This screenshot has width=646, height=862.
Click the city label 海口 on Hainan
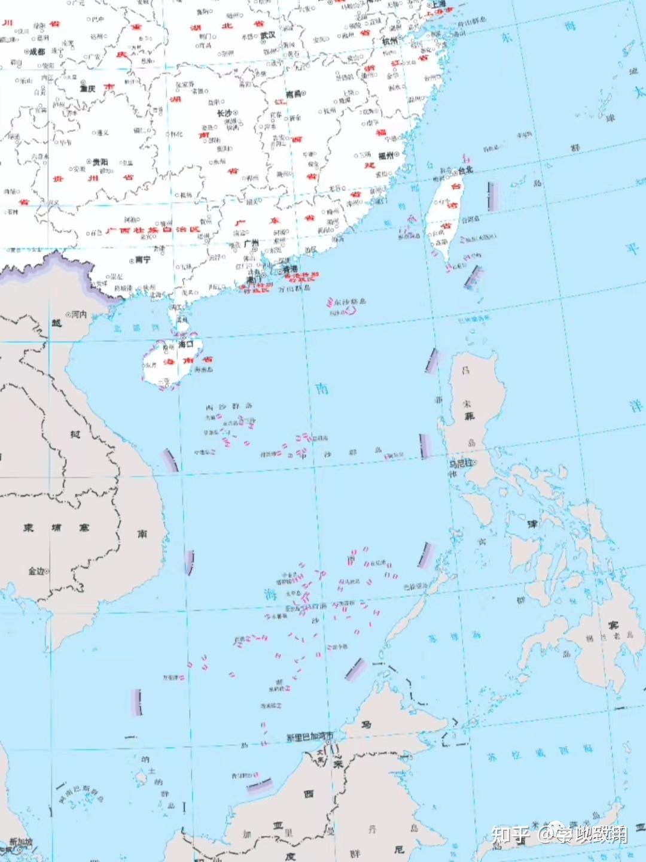point(186,345)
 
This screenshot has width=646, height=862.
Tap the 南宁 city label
point(142,260)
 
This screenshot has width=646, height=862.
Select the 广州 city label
point(252,244)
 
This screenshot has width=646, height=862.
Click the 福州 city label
point(386,156)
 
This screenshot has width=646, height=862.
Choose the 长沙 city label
point(224,113)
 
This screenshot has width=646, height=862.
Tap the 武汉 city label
point(268,35)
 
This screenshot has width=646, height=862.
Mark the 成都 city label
point(37,52)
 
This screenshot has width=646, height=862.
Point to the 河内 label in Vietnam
point(79,314)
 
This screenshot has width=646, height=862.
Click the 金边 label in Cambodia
point(36,571)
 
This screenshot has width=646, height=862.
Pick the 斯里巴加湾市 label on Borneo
point(310,737)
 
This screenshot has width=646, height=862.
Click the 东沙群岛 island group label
point(350,302)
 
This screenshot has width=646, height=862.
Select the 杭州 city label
point(389,41)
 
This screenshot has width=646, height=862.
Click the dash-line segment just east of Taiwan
point(493,197)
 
